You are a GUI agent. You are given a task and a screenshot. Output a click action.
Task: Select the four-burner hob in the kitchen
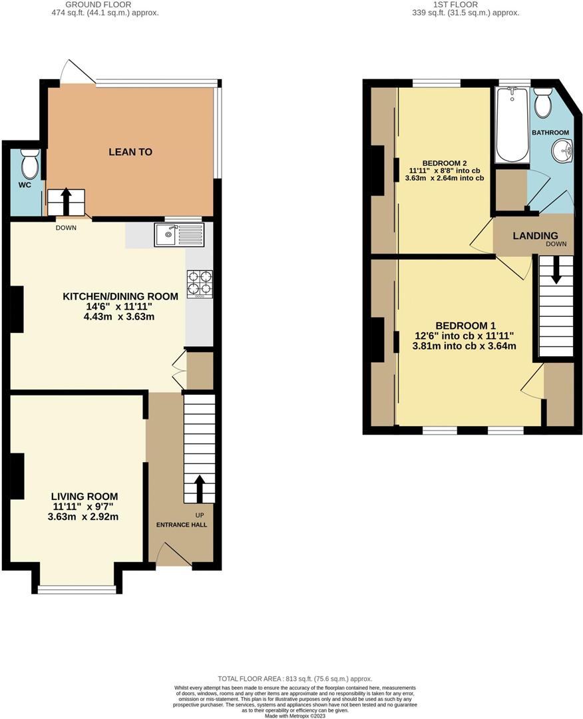point(200,282)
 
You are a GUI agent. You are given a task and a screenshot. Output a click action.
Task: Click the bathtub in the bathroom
point(512,125)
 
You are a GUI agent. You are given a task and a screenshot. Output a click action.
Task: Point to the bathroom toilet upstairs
point(543,103)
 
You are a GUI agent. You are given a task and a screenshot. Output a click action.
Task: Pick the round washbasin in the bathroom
point(562,151)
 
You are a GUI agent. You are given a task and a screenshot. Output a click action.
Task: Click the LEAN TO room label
point(130,152)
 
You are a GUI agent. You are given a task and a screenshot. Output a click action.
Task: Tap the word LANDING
point(535,236)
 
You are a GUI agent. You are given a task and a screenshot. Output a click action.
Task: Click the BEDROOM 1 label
point(465,326)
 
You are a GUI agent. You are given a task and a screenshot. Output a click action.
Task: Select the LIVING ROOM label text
point(85,496)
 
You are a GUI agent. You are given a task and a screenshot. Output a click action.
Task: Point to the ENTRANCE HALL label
point(182,525)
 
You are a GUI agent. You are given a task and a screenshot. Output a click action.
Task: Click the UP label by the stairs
point(200,515)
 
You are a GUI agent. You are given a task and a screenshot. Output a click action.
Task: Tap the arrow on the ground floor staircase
point(199,488)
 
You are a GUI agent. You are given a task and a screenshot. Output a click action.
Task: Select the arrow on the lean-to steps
point(66,199)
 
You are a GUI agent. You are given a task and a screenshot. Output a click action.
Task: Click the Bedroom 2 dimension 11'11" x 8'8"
point(444,170)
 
